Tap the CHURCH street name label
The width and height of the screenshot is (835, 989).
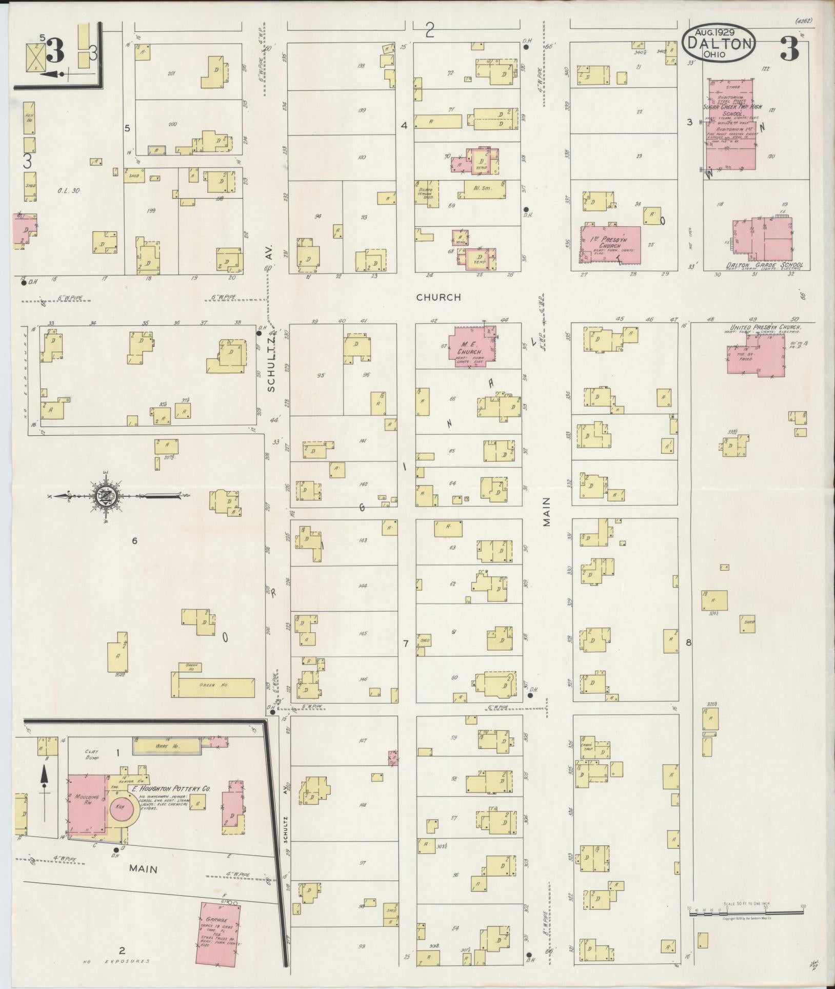point(439,297)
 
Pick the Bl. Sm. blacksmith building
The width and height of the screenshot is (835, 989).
point(485,189)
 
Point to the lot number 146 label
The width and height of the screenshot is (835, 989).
point(363,680)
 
